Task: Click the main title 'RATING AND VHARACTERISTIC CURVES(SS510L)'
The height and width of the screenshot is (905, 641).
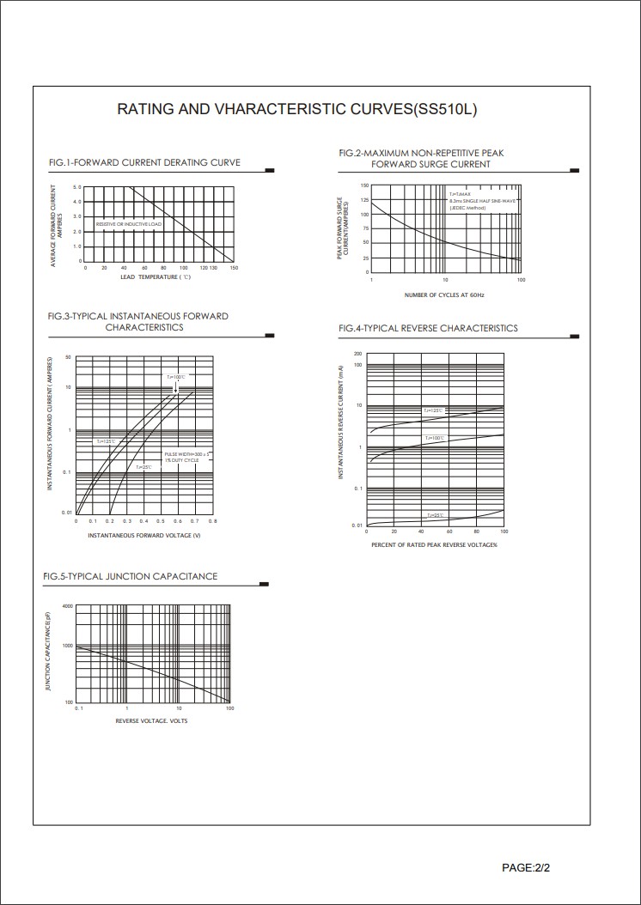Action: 296,110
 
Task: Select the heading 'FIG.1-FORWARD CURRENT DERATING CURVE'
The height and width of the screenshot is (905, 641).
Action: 144,162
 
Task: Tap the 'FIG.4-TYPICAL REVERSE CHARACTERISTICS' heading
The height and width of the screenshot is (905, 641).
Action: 428,328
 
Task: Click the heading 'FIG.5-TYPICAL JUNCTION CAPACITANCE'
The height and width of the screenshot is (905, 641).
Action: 131,576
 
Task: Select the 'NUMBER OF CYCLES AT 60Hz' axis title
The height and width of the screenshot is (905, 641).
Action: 444,295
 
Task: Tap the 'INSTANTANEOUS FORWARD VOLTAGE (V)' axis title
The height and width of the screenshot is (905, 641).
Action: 143,535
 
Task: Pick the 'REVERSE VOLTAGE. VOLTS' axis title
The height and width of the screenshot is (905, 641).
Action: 151,720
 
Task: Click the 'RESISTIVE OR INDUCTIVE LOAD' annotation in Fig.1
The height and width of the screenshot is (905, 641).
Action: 128,224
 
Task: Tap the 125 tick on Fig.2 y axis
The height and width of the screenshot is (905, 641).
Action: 364,200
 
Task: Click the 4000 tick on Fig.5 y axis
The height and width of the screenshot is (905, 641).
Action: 68,606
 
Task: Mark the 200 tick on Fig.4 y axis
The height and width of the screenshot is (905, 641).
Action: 357,354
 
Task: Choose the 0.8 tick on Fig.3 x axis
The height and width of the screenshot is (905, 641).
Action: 212,521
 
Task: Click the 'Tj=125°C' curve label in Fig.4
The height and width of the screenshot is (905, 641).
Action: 433,411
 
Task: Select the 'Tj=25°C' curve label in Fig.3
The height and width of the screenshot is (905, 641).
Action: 143,467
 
